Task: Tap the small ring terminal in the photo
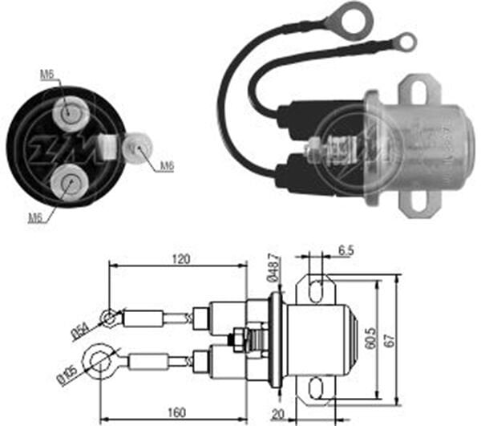(407, 41)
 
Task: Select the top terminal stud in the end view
(71, 113)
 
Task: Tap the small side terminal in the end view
(137, 148)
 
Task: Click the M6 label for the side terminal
(167, 166)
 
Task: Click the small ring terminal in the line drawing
(108, 319)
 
